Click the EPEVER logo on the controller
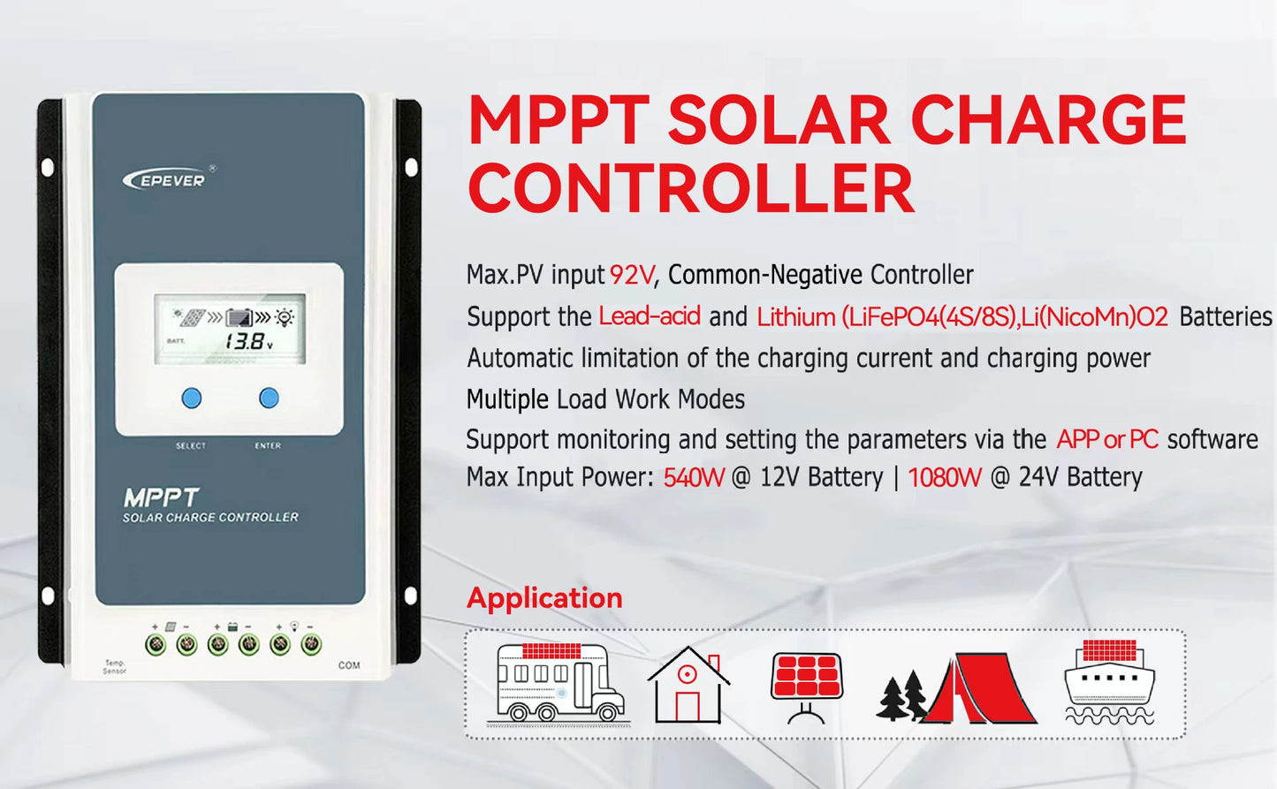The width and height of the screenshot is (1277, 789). click(x=169, y=179)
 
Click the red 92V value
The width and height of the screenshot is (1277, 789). click(x=632, y=276)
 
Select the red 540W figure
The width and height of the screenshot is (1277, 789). click(x=694, y=478)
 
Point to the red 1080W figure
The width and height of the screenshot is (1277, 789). click(x=945, y=478)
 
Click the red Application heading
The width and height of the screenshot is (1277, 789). click(x=544, y=598)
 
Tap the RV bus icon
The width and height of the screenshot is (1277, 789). click(x=559, y=682)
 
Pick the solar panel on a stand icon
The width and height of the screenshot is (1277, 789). click(x=806, y=686)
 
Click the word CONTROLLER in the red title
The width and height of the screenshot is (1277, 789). click(x=690, y=188)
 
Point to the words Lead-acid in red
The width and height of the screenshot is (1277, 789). click(x=650, y=316)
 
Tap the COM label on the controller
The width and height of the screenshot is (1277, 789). click(x=349, y=665)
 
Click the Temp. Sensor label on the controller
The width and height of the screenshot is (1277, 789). click(x=115, y=666)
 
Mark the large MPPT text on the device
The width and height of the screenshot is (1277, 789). click(x=162, y=497)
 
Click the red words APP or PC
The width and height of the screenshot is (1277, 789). click(x=1106, y=439)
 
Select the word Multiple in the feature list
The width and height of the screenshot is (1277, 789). click(x=507, y=399)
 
